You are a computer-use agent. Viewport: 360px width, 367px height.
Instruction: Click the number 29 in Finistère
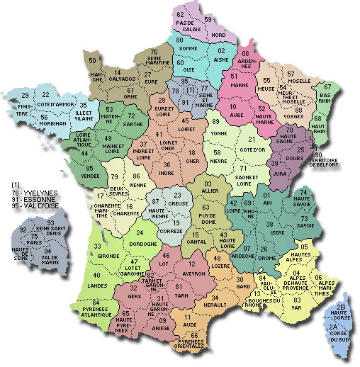click(25, 96)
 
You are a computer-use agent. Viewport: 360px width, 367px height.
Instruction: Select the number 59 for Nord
click(208, 19)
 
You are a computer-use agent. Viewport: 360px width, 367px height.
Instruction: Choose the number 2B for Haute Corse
click(340, 307)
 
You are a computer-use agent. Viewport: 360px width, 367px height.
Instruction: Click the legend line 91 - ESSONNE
click(28, 200)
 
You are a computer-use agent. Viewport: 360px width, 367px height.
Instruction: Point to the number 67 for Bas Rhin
click(327, 86)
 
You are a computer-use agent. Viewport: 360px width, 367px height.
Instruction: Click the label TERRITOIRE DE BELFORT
click(337, 162)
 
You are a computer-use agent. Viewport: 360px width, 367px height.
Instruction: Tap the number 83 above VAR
click(296, 300)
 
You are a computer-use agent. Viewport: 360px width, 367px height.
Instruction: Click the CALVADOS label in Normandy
click(124, 79)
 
